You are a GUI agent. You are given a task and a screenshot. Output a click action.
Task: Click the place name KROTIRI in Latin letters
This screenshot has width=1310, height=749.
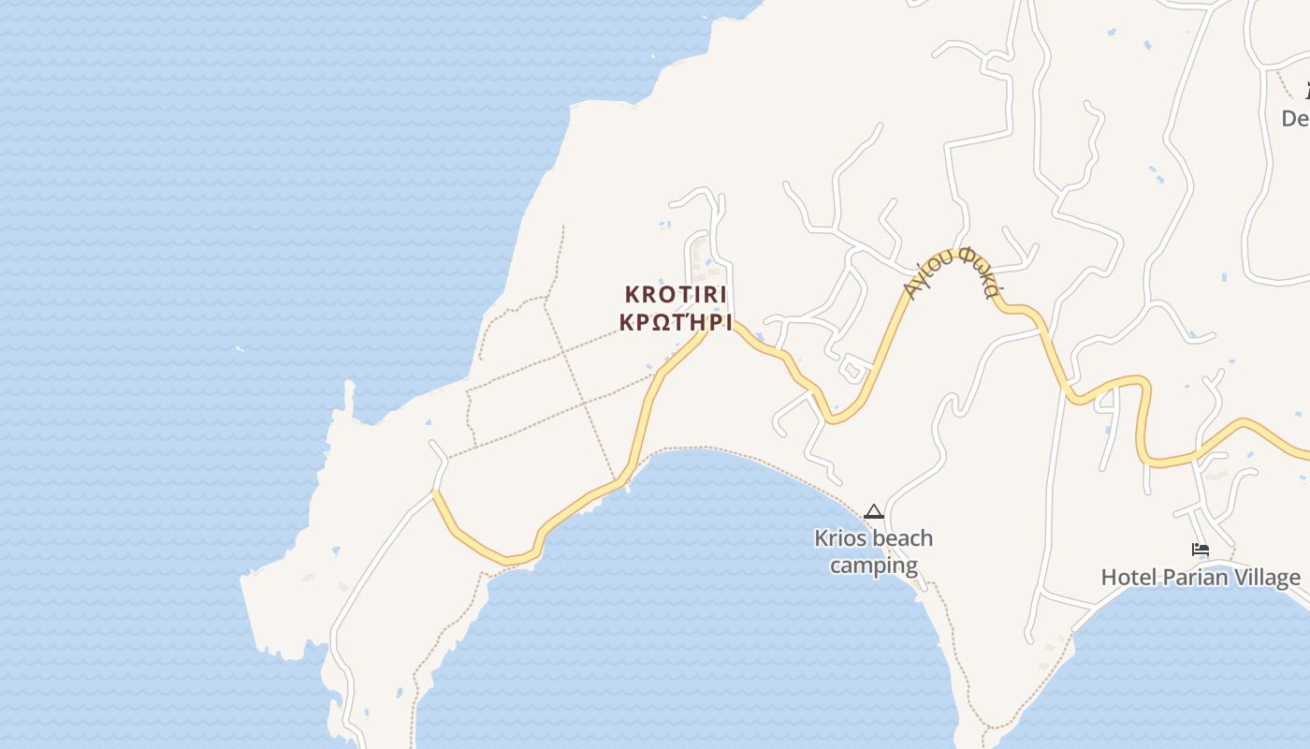[675, 294]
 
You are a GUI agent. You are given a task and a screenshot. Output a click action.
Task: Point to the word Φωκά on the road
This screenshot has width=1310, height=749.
[977, 272]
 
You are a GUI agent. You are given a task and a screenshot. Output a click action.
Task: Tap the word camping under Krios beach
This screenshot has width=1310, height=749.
[873, 565]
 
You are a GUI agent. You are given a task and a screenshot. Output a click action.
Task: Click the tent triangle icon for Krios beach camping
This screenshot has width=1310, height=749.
[873, 511]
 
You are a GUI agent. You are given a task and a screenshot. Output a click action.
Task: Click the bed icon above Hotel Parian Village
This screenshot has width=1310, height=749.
[1200, 550]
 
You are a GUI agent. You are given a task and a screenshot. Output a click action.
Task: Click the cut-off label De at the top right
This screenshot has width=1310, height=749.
[1295, 119]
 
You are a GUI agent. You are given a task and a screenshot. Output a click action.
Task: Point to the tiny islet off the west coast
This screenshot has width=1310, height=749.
[240, 349]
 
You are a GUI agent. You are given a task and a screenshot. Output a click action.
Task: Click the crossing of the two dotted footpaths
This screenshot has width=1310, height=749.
[584, 403]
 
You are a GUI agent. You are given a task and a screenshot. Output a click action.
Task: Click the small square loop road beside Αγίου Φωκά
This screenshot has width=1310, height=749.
[852, 368]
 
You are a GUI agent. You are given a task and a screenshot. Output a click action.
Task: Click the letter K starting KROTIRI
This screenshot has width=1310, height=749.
[632, 294]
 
